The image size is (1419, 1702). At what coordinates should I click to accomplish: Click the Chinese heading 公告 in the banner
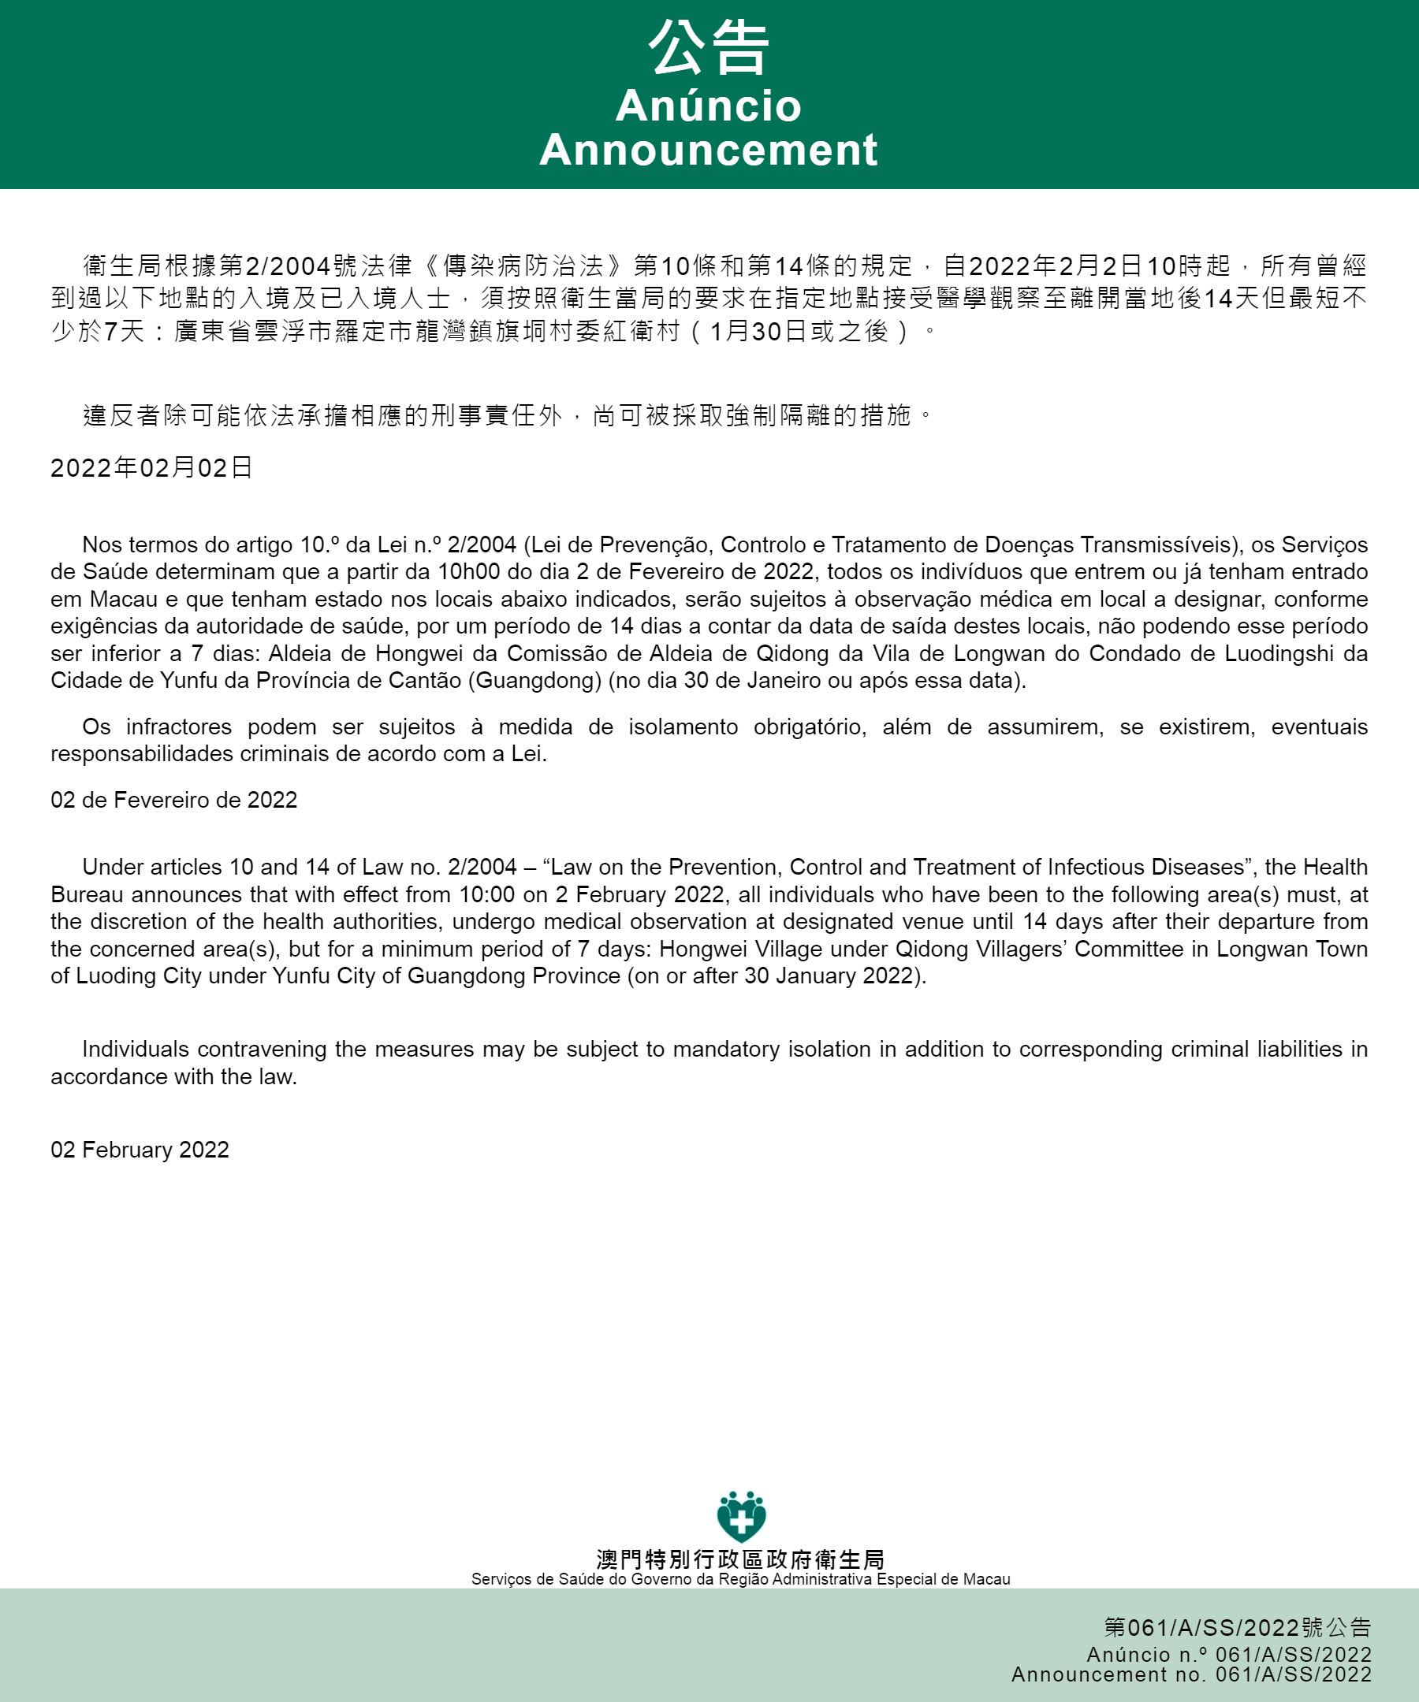coord(708,47)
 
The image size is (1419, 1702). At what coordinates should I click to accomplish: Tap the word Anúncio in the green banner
coord(708,106)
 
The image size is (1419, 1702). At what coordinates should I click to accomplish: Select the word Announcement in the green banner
coord(708,150)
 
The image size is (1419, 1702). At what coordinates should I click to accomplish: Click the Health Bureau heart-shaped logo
coord(741,1516)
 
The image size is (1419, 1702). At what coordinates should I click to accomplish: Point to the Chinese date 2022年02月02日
coord(151,467)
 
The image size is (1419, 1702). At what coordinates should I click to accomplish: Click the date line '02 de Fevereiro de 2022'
coord(173,800)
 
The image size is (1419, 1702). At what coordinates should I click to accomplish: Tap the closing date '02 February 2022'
coord(140,1150)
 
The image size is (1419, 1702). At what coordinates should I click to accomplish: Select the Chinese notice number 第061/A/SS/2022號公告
coord(1237,1626)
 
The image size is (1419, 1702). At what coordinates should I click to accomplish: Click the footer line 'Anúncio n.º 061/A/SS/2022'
coord(1228,1654)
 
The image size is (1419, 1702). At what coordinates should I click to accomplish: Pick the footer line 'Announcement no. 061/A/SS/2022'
coord(1191,1674)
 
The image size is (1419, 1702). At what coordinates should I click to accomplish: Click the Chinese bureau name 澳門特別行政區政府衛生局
coord(740,1559)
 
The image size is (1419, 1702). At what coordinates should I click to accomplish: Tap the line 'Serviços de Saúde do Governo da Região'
coord(740,1579)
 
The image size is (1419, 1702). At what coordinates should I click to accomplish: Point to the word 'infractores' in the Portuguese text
coord(178,727)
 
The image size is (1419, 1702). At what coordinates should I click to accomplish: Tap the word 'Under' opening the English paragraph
coord(112,868)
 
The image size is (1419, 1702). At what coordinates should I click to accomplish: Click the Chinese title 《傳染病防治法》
coord(523,266)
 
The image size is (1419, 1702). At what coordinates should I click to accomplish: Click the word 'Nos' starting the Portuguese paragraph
coord(99,544)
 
